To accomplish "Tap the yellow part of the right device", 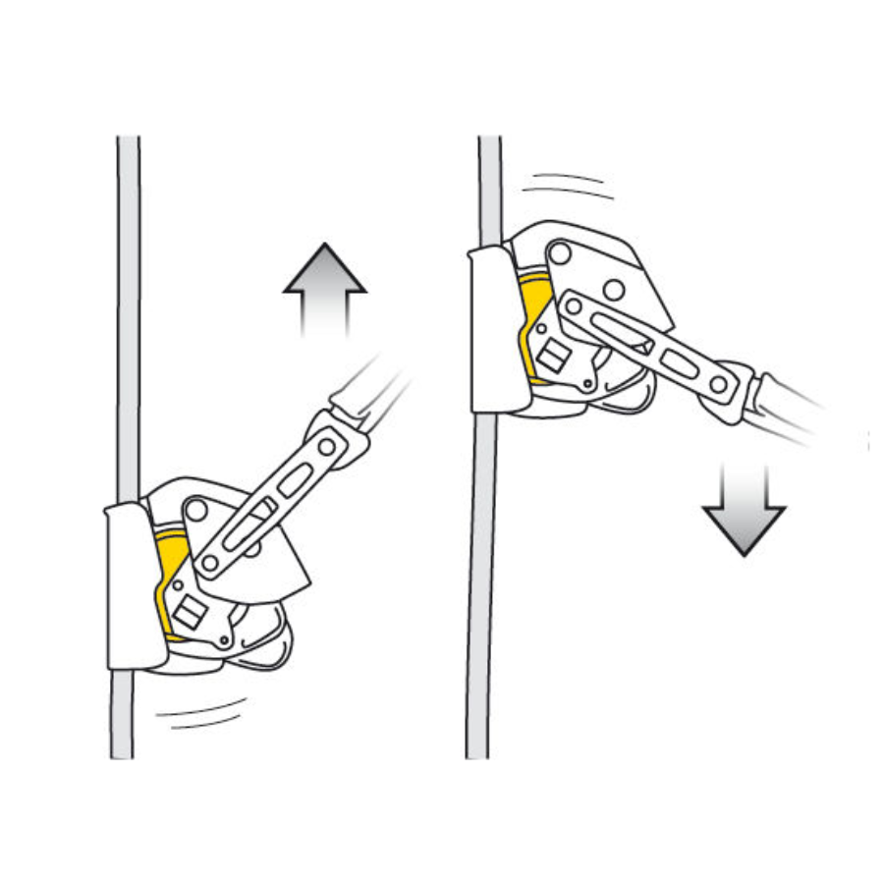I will (x=530, y=324).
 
